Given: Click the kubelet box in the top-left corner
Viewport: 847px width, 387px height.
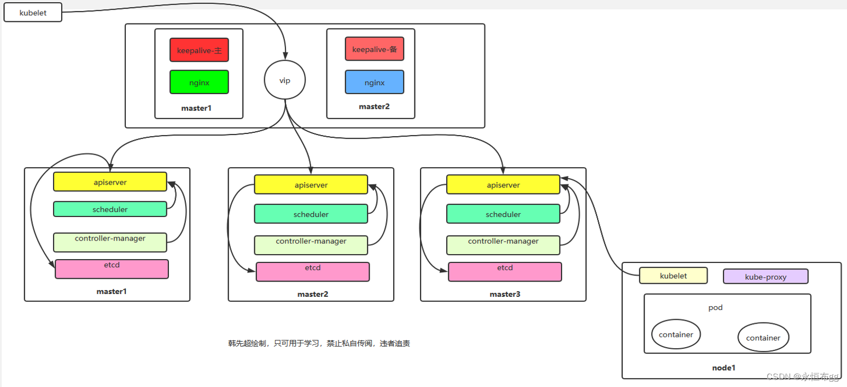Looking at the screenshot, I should [33, 12].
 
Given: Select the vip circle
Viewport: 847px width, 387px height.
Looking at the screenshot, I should [284, 80].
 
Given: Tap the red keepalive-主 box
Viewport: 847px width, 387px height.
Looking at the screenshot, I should [199, 50].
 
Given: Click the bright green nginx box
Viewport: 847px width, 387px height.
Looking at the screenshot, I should [199, 82].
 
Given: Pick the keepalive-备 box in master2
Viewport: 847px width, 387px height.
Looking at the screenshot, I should [375, 49].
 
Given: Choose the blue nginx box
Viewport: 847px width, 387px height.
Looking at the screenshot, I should [375, 82].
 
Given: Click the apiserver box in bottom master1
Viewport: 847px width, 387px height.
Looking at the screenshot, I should [110, 181].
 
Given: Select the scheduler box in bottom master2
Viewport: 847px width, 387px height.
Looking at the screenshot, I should [311, 214].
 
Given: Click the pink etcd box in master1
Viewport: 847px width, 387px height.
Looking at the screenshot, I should [112, 268].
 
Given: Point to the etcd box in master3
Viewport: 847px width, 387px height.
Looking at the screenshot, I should [505, 272].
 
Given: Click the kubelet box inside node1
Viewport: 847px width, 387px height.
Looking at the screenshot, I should [673, 275].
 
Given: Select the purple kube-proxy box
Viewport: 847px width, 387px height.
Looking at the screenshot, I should [766, 276].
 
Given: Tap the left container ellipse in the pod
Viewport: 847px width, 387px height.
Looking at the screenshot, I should [676, 334].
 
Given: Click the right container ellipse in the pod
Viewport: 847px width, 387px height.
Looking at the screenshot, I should [763, 337].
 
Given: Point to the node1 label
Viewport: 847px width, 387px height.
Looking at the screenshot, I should [723, 368].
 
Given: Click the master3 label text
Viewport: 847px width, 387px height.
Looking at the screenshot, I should [505, 294].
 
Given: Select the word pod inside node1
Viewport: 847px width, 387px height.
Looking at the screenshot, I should [715, 307].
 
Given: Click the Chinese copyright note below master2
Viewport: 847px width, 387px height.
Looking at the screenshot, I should [319, 343].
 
